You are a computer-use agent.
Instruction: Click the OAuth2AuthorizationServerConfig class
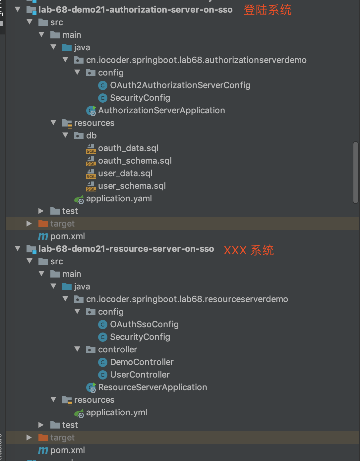(180, 85)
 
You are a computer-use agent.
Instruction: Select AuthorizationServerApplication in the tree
(161, 111)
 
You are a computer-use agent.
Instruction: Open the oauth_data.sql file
(128, 148)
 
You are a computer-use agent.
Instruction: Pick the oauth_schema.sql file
(135, 161)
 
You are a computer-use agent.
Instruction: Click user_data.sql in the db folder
(125, 174)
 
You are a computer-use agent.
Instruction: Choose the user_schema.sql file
(132, 186)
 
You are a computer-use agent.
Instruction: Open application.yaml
(119, 199)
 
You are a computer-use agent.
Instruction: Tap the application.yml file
(116, 413)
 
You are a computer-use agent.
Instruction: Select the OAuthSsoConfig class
(144, 325)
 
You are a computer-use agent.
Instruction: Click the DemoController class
(142, 362)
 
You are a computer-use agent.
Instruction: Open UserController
(140, 375)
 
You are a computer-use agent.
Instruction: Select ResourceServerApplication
(152, 387)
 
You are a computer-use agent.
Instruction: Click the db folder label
(91, 136)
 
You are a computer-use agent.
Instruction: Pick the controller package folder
(117, 350)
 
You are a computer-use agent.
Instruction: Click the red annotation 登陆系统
(268, 10)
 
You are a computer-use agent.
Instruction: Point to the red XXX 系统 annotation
(249, 250)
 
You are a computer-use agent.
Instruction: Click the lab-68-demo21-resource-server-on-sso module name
(126, 249)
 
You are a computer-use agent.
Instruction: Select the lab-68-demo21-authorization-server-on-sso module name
(135, 10)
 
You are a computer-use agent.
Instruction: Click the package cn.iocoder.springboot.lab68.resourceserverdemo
(187, 299)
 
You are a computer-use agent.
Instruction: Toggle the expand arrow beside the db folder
(66, 135)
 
